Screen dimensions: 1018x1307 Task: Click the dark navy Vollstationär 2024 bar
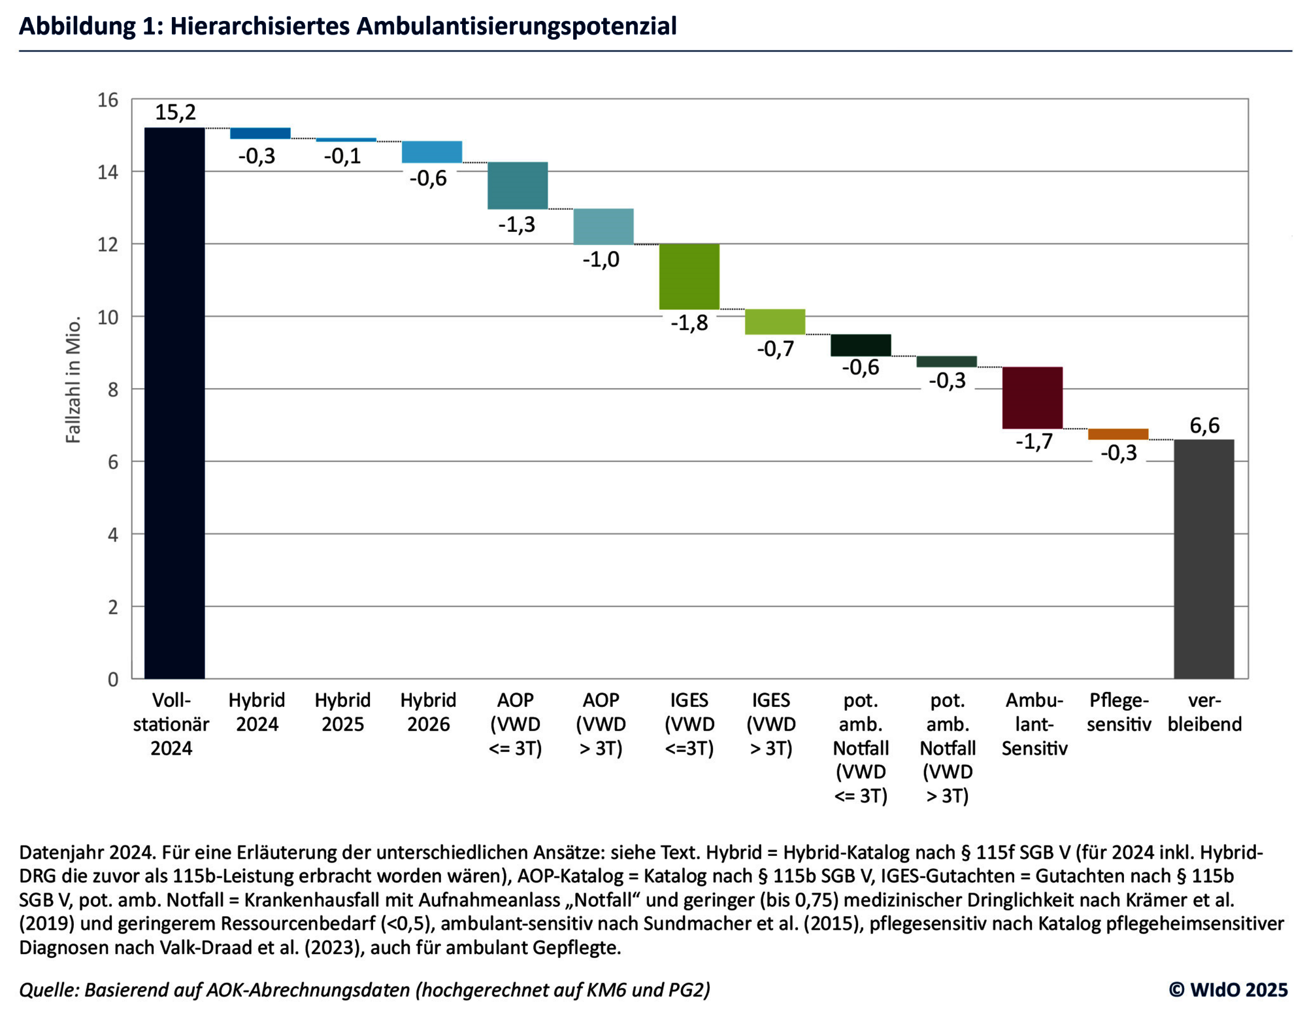(x=174, y=402)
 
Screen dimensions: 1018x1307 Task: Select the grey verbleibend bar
(x=1204, y=559)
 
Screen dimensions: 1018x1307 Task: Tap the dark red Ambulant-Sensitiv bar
(x=1032, y=397)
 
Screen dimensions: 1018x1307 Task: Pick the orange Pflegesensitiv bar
(x=1118, y=434)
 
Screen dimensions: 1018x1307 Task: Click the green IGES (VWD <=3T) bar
(x=689, y=276)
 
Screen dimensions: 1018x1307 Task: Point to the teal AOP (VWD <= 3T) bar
(x=518, y=185)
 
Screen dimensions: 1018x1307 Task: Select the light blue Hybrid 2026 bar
(x=431, y=152)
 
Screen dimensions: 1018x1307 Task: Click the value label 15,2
(x=175, y=112)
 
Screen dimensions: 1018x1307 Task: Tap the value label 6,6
(x=1204, y=425)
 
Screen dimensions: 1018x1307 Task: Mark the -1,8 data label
(x=689, y=323)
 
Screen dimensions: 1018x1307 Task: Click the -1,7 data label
(x=1034, y=442)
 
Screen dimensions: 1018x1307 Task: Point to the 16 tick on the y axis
(x=108, y=100)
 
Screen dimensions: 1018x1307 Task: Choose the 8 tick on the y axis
(x=112, y=389)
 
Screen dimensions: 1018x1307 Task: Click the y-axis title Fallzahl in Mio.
(x=73, y=380)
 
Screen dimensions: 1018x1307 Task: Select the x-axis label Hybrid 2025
(x=342, y=712)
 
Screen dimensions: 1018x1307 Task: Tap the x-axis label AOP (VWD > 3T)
(x=601, y=723)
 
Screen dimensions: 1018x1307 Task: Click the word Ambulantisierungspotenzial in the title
(x=516, y=26)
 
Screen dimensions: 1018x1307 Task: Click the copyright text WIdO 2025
(x=1228, y=989)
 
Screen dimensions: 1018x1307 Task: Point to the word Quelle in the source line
(x=48, y=990)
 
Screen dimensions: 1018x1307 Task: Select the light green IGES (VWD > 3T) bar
(x=774, y=321)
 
